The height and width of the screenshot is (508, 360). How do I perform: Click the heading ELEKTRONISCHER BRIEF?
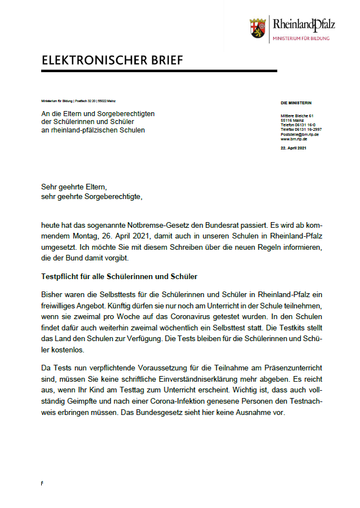pyautogui.click(x=112, y=60)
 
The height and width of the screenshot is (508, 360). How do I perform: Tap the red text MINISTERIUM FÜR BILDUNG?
pyautogui.click(x=301, y=38)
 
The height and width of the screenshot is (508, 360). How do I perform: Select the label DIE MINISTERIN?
pyautogui.click(x=296, y=103)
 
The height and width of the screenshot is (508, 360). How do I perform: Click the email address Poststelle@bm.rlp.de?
pyautogui.click(x=300, y=135)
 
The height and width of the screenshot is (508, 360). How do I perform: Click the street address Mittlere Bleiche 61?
pyautogui.click(x=297, y=116)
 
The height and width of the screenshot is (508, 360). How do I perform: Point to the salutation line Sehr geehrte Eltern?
pyautogui.click(x=74, y=187)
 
